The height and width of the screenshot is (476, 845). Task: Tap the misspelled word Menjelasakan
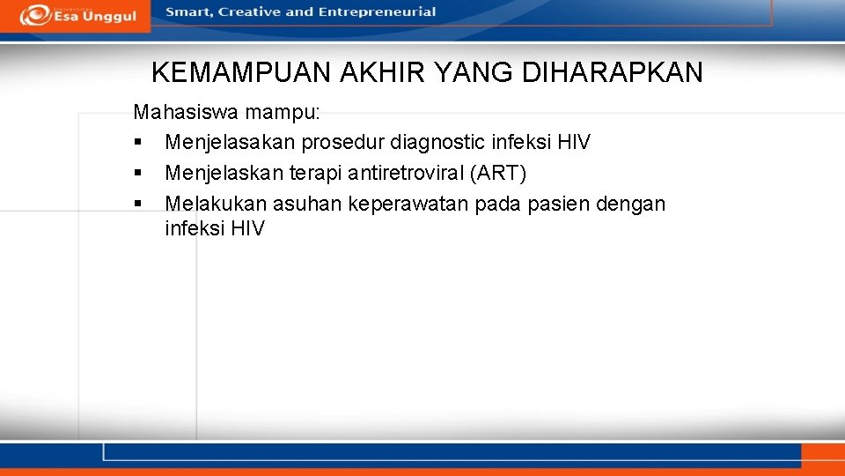230,143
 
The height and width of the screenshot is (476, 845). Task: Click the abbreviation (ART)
498,174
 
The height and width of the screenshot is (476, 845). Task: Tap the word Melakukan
216,205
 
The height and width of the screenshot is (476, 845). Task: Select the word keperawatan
406,205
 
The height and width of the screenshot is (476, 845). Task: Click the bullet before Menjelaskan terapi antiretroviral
138,174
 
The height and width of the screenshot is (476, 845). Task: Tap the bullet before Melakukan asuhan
138,205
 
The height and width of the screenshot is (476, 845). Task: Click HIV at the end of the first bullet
574,143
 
